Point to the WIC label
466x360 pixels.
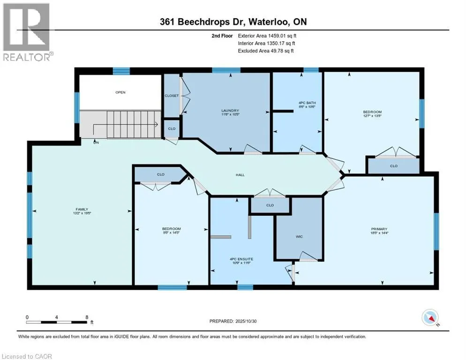pyautogui.click(x=299, y=236)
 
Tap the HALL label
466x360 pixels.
pyautogui.click(x=240, y=175)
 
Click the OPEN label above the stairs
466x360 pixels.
pyautogui.click(x=120, y=92)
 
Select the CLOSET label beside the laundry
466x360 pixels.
pyautogui.click(x=172, y=96)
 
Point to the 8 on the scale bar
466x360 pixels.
pyautogui.click(x=87, y=317)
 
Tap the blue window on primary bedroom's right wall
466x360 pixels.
pyautogui.click(x=436, y=231)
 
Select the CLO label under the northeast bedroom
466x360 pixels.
pyautogui.click(x=393, y=166)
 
